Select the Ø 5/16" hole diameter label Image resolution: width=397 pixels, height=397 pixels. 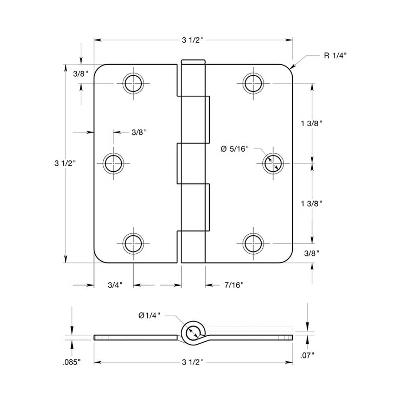coord(234,149)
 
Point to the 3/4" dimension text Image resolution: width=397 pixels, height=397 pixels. coord(115,285)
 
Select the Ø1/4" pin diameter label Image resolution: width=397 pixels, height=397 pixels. coord(149,315)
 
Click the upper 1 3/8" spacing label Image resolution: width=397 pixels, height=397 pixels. coord(311,123)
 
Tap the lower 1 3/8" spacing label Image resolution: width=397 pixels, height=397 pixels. coord(311,203)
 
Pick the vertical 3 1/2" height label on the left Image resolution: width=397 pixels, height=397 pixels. coord(65,163)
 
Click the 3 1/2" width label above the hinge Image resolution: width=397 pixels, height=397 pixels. coord(193,40)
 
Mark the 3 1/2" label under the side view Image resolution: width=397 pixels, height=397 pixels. coord(193,362)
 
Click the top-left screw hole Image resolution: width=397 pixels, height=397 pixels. coord(133,83)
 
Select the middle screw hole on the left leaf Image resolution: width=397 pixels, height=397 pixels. coord(113,163)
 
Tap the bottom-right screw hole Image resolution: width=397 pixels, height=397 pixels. coord(253,243)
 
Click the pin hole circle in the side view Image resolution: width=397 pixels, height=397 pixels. coord(193,332)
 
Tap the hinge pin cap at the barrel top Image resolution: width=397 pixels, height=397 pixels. coord(193,62)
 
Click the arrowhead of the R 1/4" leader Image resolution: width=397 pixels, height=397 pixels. coord(292,68)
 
